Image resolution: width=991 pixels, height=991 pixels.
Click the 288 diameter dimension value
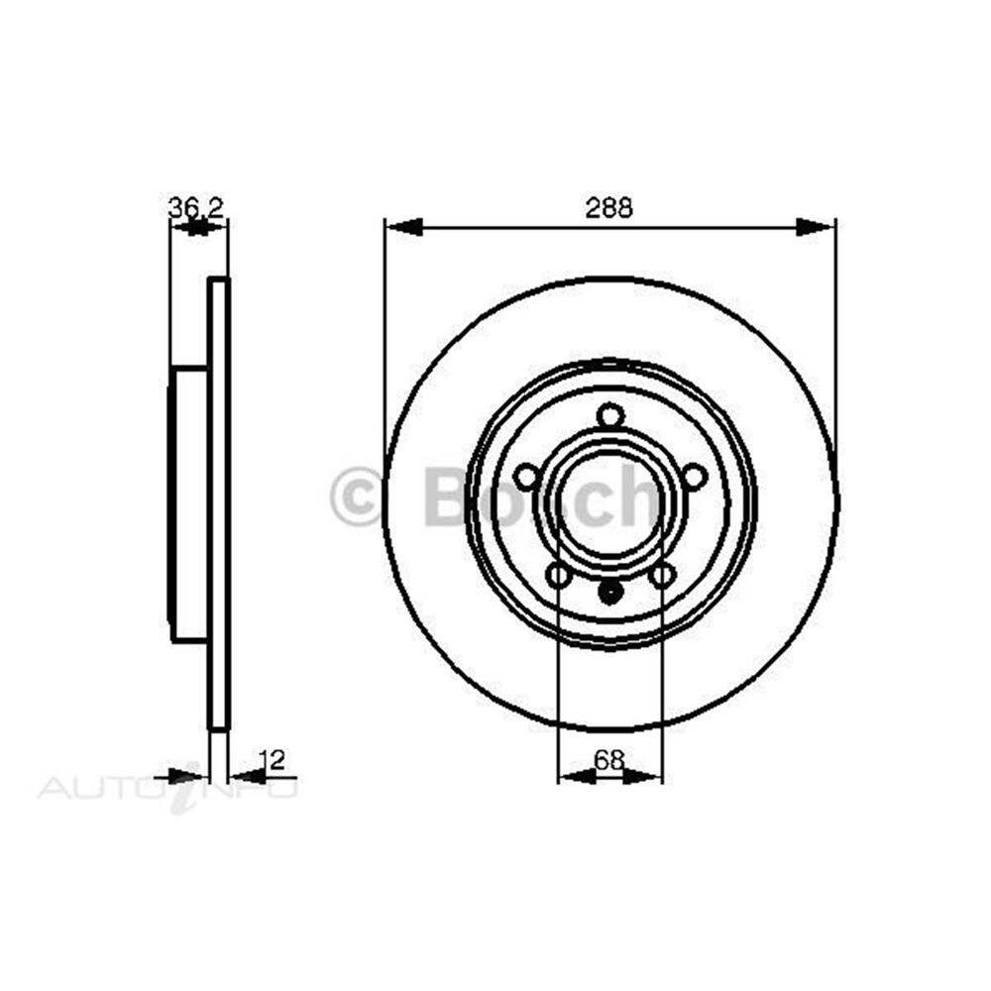click(608, 208)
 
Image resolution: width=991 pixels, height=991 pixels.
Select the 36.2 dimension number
click(196, 207)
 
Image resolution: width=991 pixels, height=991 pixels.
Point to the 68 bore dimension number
click(608, 760)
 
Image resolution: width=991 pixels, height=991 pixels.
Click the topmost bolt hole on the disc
click(610, 416)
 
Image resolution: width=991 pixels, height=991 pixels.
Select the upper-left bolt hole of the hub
click(527, 478)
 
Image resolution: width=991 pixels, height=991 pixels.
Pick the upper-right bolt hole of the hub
click(694, 477)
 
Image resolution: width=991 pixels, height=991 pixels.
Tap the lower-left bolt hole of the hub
click(559, 574)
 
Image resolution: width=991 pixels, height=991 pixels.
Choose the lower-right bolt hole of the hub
click(662, 574)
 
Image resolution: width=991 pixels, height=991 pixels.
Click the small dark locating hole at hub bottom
click(610, 593)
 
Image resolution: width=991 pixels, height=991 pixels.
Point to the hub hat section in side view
click(188, 503)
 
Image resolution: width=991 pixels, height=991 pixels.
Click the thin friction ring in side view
click(219, 503)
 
